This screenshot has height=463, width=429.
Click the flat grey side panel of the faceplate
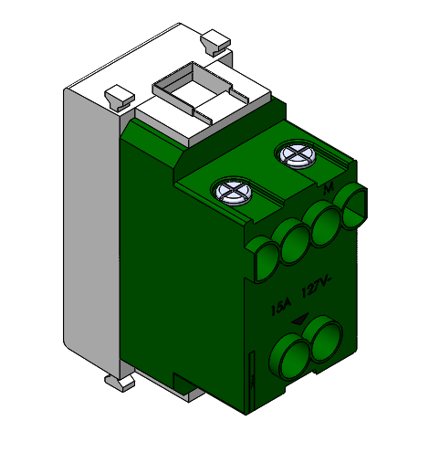tap(91, 228)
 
